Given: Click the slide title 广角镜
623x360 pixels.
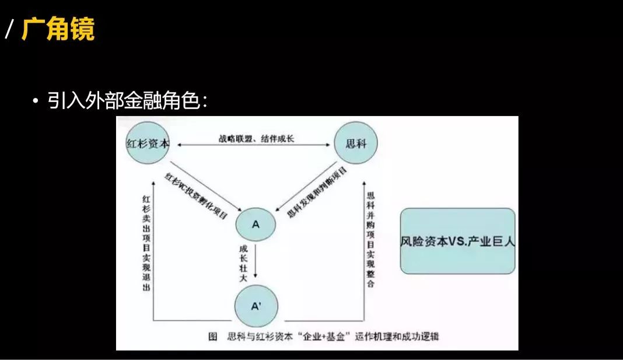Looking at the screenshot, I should pos(58,30).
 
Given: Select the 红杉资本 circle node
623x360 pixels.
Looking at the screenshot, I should pos(148,144).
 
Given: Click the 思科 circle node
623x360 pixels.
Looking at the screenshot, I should pos(355,144).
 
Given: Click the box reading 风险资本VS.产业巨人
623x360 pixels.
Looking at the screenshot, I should pos(458,241).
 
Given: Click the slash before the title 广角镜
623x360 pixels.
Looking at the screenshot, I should pos(9,30).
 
